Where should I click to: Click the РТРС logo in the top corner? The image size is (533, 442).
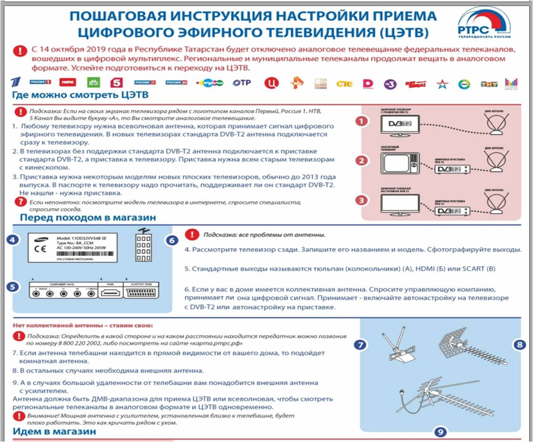click(483, 24)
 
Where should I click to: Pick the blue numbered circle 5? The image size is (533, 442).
click(14, 287)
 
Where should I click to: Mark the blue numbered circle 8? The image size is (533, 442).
click(519, 344)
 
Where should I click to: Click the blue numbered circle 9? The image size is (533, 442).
click(441, 432)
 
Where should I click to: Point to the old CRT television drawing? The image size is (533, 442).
click(400, 164)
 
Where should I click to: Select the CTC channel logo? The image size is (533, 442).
click(344, 83)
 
